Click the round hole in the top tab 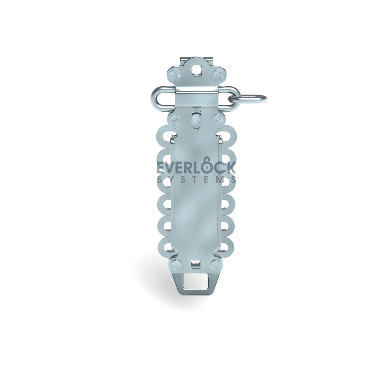(196, 70)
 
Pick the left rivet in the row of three (175, 119)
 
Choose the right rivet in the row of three (217, 119)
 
